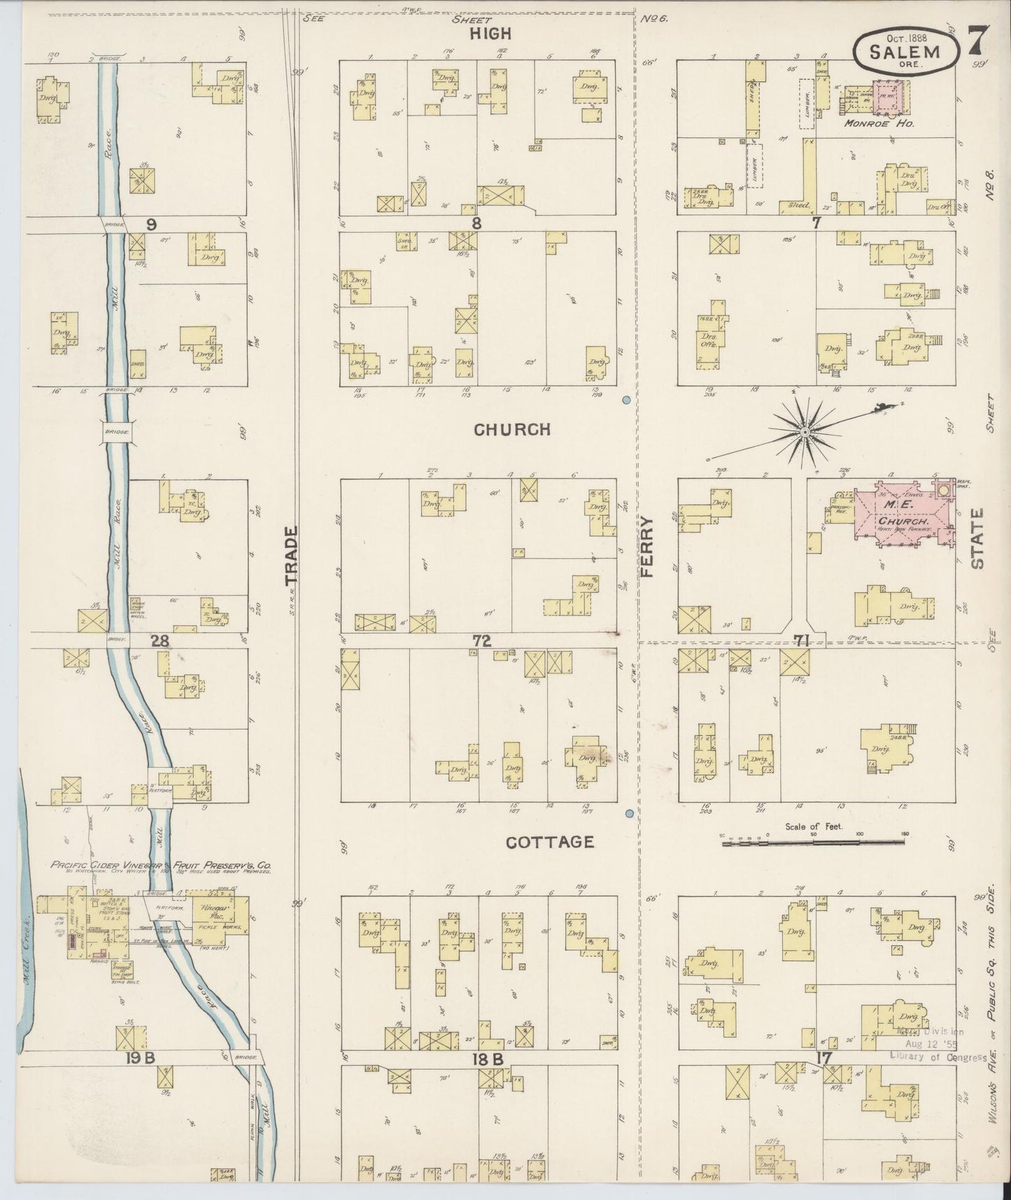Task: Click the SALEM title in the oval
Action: point(904,51)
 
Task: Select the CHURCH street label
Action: point(513,429)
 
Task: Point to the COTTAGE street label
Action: point(550,842)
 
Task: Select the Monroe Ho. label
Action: point(872,123)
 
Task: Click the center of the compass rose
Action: point(805,433)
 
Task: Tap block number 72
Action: point(481,639)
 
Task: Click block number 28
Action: point(160,639)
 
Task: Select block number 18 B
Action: point(488,1059)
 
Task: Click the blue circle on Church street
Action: point(626,400)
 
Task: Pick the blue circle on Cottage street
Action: point(629,814)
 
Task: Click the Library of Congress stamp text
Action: point(938,1057)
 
